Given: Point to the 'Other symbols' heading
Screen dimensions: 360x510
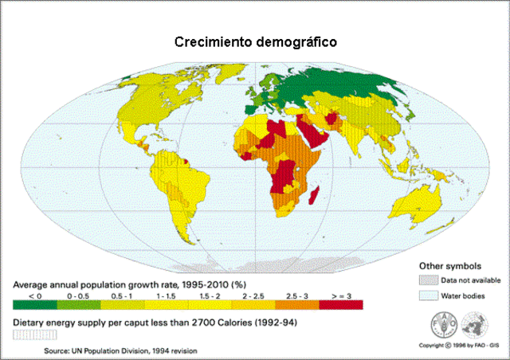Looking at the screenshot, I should pos(445,265).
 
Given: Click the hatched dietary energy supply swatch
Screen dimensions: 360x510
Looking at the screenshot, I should pos(28,335).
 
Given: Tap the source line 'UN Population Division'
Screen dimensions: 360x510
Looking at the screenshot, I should pos(120,350).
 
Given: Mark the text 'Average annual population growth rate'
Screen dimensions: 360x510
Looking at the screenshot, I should pos(88,284).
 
